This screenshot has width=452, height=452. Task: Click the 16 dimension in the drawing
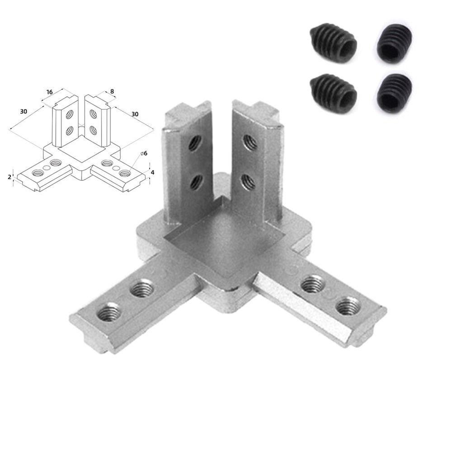point(49,92)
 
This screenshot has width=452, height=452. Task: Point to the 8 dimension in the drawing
point(112,92)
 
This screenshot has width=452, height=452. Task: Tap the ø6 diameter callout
point(144,154)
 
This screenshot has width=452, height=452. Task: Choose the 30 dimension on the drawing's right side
point(135,114)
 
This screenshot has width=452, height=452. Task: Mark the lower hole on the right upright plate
point(248,181)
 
